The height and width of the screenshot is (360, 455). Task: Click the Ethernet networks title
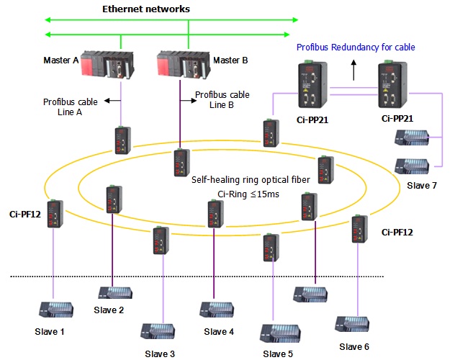click(146, 9)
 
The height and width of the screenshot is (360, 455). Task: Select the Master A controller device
click(107, 64)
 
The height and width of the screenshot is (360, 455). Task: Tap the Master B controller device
click(183, 64)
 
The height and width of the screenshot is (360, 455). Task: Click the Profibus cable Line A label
click(71, 107)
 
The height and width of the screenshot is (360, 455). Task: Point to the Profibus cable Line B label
click(222, 99)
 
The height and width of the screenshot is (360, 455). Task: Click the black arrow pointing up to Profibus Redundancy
click(353, 70)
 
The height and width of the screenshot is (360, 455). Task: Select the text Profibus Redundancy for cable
click(356, 48)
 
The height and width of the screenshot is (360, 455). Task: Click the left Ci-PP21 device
click(312, 84)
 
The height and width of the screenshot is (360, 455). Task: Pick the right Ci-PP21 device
click(392, 84)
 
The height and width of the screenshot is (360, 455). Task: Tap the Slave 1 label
click(50, 332)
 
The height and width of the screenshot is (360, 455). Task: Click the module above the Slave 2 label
click(115, 293)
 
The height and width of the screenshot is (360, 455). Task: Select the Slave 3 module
click(158, 331)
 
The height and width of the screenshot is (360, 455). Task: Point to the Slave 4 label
click(219, 332)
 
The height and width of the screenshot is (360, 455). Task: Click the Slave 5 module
click(280, 333)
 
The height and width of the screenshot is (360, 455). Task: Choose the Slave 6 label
click(354, 346)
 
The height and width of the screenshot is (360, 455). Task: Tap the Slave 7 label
click(422, 185)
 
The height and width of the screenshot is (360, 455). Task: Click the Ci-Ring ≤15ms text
click(248, 194)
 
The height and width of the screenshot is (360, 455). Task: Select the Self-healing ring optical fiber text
click(251, 180)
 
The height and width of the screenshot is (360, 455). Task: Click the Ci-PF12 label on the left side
click(25, 215)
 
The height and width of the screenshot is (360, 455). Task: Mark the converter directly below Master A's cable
click(122, 140)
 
